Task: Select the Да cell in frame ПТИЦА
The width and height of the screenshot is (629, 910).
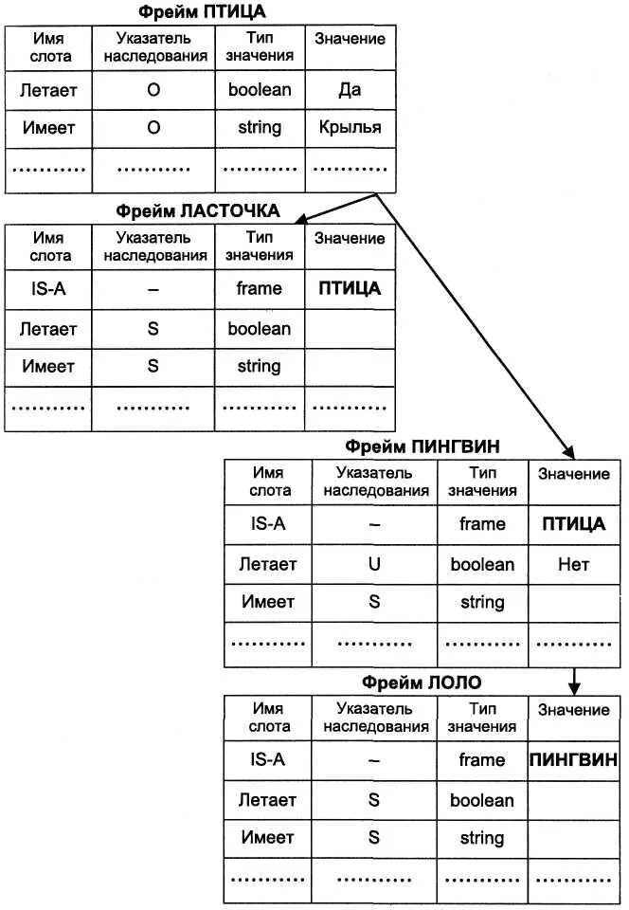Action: [350, 91]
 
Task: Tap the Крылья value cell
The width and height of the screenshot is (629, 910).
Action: [350, 127]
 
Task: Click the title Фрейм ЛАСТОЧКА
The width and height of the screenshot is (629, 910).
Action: [198, 210]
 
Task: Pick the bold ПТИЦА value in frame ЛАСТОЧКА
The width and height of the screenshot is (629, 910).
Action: [350, 289]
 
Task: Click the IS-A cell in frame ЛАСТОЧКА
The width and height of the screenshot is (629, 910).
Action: [48, 289]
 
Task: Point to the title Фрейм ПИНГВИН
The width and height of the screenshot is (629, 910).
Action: [422, 446]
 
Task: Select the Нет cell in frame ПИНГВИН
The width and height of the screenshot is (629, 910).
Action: [573, 564]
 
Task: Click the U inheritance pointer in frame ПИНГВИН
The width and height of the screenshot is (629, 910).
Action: [374, 564]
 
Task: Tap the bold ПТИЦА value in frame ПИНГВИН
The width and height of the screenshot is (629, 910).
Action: [573, 524]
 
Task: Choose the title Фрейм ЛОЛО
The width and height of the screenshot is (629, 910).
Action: [422, 682]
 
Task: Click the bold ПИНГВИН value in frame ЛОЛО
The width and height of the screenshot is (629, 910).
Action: [573, 759]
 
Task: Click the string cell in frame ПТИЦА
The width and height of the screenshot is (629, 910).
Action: [260, 127]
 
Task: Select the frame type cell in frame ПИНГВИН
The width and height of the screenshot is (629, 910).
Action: [481, 524]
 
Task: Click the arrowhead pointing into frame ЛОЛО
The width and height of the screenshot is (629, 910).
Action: [573, 686]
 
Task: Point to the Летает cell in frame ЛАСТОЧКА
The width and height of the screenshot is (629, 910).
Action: [48, 329]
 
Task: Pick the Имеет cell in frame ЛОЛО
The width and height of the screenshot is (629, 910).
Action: [268, 838]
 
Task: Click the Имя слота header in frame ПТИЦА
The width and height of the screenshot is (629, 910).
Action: [49, 47]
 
